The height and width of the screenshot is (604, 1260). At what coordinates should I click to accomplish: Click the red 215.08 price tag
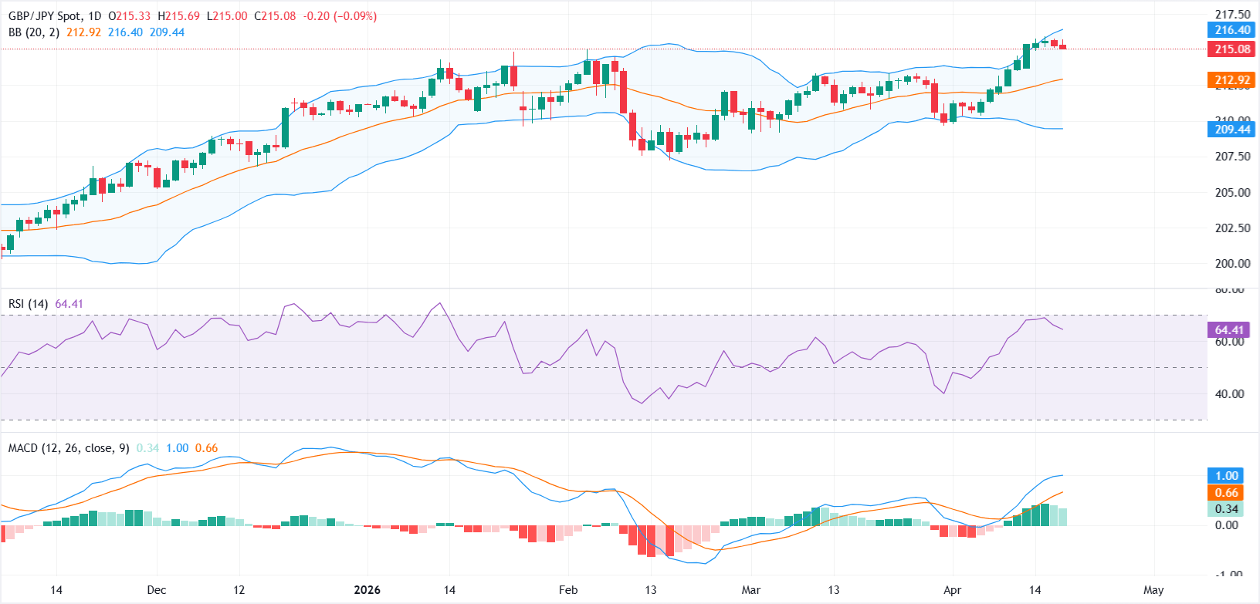pyautogui.click(x=1232, y=49)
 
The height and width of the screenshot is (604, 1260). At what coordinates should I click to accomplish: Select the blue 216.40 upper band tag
pyautogui.click(x=1232, y=30)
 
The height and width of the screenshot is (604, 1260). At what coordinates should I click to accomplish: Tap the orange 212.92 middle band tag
pyautogui.click(x=1232, y=80)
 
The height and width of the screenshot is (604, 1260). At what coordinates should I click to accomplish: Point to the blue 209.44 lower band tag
pyautogui.click(x=1232, y=129)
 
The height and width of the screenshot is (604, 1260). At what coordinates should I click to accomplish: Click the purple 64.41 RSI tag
pyautogui.click(x=1229, y=330)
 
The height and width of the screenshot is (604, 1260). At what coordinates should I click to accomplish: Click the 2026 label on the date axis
pyautogui.click(x=367, y=590)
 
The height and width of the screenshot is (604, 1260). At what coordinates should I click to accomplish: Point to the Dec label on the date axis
pyautogui.click(x=156, y=590)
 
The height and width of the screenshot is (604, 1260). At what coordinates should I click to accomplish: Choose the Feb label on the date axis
pyautogui.click(x=567, y=590)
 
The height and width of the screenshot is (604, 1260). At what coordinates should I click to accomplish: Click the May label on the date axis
pyautogui.click(x=1153, y=590)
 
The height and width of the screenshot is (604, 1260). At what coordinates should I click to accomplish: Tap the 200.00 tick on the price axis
pyautogui.click(x=1232, y=263)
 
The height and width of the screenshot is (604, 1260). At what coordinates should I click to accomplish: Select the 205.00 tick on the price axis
pyautogui.click(x=1232, y=192)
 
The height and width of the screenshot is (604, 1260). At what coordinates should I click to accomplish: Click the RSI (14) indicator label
pyautogui.click(x=28, y=304)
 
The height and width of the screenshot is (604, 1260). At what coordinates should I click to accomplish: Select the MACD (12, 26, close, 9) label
pyautogui.click(x=69, y=448)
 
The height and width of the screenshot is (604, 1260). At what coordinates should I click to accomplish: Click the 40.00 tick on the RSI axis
pyautogui.click(x=1229, y=393)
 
